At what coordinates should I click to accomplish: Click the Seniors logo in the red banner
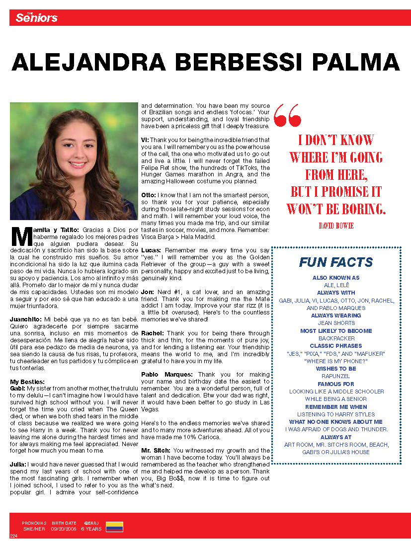[36, 18]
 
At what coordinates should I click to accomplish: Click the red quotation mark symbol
[287, 115]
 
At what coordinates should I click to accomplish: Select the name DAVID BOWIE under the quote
[336, 226]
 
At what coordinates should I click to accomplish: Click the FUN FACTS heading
[336, 262]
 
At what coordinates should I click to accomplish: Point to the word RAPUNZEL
[336, 376]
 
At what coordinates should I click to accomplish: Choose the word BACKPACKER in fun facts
[336, 338]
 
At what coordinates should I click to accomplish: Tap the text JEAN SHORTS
[336, 323]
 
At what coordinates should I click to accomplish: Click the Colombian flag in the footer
[115, 527]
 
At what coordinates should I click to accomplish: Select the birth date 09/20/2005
[64, 529]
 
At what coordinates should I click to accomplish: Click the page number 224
[13, 536]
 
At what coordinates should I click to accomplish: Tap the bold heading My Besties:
[27, 381]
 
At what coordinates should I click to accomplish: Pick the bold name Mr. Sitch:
[156, 451]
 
